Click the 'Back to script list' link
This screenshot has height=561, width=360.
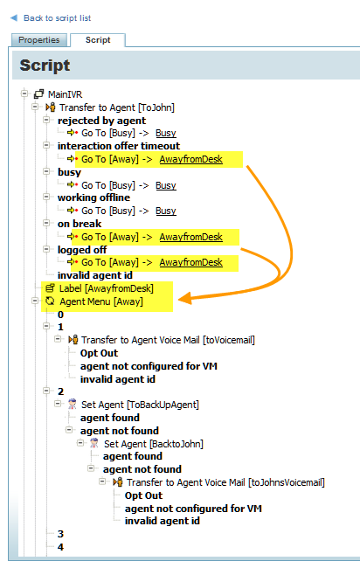tap(57, 17)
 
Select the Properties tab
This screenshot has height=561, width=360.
tap(38, 39)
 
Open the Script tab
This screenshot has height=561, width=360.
tap(98, 39)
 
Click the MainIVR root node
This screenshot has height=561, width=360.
tap(65, 94)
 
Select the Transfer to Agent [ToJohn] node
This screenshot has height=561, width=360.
tap(117, 107)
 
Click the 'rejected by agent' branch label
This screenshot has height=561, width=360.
tap(101, 121)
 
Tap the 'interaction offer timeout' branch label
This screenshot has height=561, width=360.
tap(119, 146)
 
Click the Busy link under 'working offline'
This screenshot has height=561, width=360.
tap(166, 211)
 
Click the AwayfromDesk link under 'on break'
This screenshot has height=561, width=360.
tap(191, 237)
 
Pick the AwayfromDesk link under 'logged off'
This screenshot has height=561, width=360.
tap(191, 262)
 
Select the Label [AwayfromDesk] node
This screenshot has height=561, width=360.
tap(107, 288)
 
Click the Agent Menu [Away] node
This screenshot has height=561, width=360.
tap(101, 301)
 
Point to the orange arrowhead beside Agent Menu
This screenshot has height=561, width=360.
tap(185, 298)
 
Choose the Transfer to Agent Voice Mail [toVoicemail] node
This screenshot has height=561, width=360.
tap(168, 340)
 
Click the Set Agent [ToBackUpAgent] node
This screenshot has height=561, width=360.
tap(140, 405)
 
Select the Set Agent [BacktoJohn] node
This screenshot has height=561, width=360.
tap(154, 444)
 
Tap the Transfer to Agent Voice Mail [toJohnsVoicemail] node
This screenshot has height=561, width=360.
tap(225, 482)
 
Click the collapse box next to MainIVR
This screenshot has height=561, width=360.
tap(24, 93)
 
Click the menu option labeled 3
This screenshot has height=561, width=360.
tap(60, 534)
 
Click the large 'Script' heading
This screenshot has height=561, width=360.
tap(45, 66)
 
